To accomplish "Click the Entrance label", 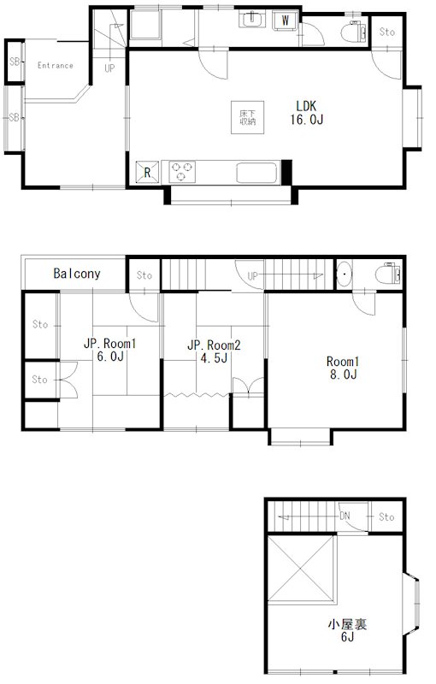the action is pos(55,66).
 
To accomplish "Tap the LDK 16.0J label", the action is pos(307,113).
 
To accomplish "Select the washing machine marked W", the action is pos(286,20).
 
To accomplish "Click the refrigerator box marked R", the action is pos(147,173).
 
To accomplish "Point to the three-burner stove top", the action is pos(182,172).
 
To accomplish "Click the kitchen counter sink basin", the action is pos(257,174).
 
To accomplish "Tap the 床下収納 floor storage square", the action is pos(248,117).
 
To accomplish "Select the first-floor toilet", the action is pos(353,32).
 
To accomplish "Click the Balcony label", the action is pos(77,274).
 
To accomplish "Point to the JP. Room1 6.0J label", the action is pos(110,350).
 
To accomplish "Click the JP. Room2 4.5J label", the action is pos(214,351).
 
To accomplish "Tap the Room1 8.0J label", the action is pos(343,368).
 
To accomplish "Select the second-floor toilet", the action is pos(387,274).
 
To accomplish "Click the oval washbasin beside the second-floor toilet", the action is pos(345,274).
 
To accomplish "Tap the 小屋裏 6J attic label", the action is pos(347,630).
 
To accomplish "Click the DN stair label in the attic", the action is pos(345,516).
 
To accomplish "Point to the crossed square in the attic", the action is pos(301,569).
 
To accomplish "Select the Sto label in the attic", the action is pos(386,517).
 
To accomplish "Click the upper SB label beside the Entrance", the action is pos(15,62).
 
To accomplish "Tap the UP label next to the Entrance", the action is pos(109,68).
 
